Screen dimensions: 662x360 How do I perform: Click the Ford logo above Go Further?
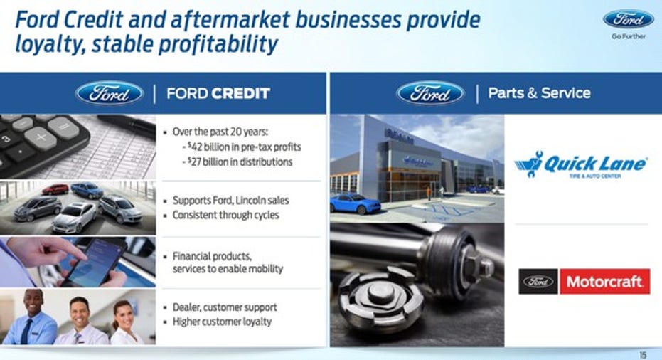(629, 19)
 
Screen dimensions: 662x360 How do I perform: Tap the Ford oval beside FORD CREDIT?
(110, 93)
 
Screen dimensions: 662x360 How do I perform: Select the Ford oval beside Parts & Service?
(431, 93)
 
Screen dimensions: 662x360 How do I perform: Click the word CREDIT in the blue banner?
(241, 93)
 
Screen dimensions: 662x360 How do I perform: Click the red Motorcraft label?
(604, 282)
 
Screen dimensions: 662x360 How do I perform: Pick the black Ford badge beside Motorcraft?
(538, 282)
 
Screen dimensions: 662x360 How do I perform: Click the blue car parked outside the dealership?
(356, 203)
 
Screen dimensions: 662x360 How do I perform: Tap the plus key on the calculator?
(40, 138)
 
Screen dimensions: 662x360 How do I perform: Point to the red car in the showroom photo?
(55, 189)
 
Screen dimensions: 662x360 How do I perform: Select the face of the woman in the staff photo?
(123, 316)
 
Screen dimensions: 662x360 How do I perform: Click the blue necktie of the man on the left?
(26, 331)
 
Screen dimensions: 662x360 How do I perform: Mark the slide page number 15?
(643, 355)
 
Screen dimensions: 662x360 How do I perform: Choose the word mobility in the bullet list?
(265, 268)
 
